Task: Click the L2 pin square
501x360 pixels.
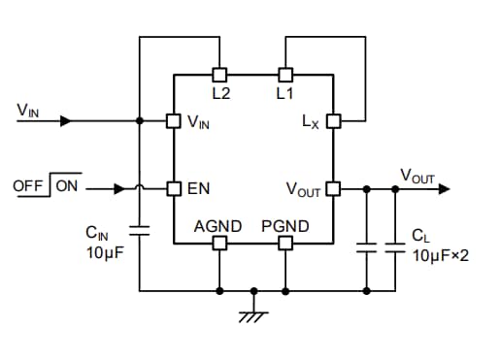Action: pos(219,74)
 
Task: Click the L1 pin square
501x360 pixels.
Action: pos(284,74)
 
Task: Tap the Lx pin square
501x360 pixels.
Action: pos(332,121)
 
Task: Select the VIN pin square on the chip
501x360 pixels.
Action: pos(173,121)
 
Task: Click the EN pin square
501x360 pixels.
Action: pos(173,187)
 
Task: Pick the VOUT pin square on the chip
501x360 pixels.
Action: pos(332,187)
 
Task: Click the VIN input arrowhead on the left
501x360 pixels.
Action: pos(65,121)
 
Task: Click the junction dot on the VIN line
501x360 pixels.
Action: pos(141,121)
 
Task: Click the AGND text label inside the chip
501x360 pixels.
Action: pos(218,226)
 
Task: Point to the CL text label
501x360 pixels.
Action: pos(419,236)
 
